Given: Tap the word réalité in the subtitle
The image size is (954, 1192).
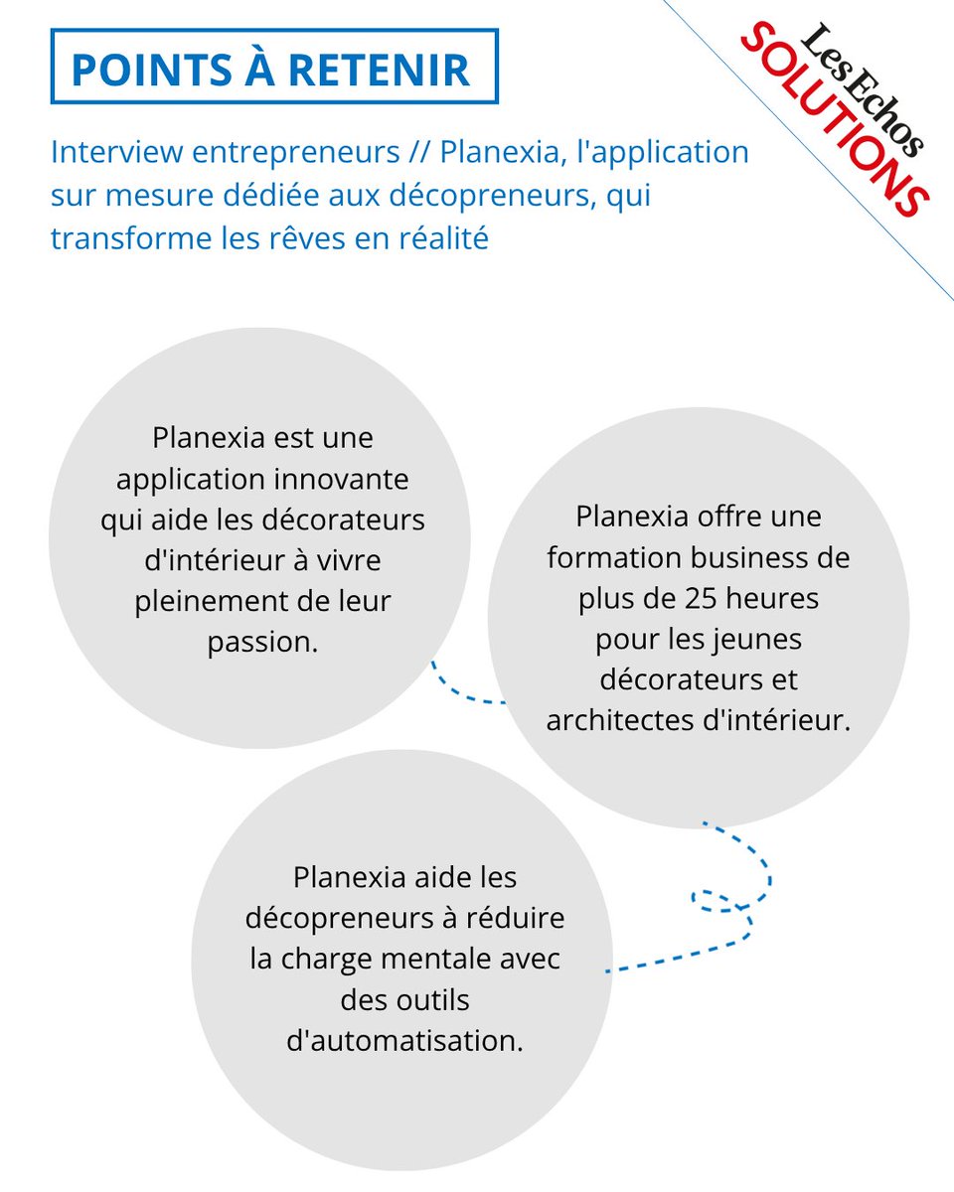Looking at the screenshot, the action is (x=436, y=239).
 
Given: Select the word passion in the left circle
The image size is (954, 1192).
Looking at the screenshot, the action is (x=260, y=642).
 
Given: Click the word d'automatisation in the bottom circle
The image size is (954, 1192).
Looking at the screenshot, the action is (x=403, y=1042).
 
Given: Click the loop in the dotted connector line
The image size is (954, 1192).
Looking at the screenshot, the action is (x=717, y=900).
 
